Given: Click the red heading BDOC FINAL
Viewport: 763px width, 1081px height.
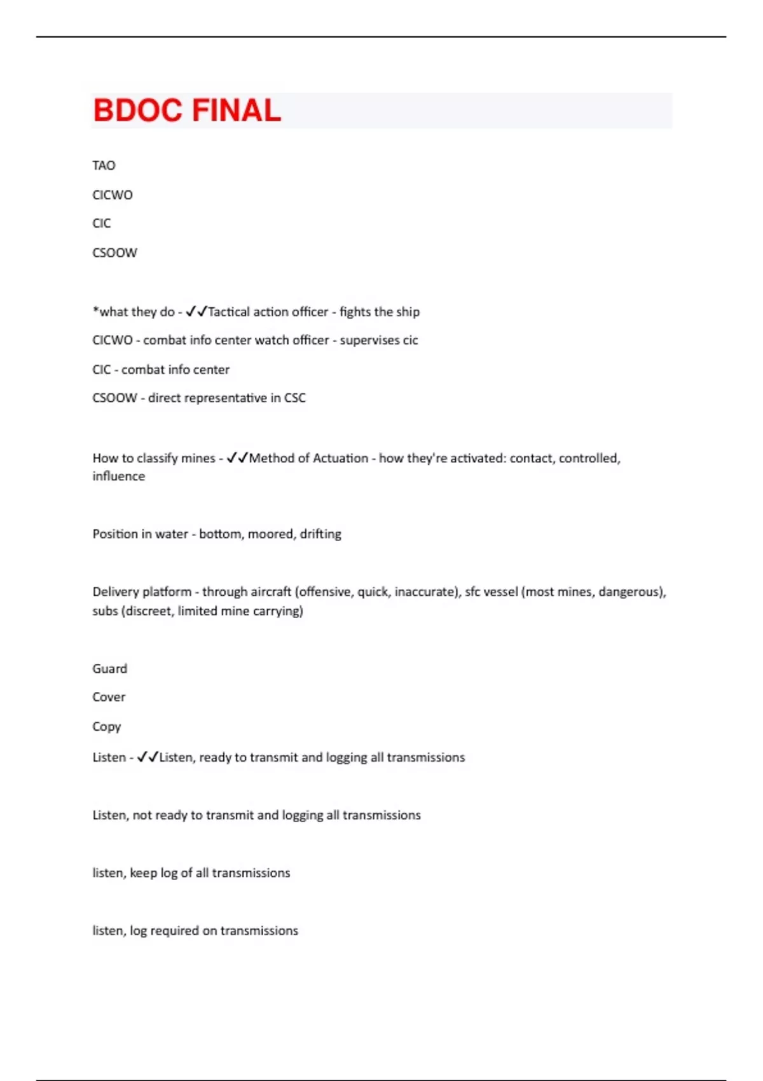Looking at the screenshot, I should coord(186,110).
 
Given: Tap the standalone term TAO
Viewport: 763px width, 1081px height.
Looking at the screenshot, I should coord(104,165).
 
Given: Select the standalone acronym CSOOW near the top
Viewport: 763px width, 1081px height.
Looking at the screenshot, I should coord(114,252).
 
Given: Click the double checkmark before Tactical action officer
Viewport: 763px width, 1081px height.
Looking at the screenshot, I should coord(196,312).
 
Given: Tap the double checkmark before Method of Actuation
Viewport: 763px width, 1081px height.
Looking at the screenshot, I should coord(237,458).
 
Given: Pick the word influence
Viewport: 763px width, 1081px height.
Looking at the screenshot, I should coord(118,476).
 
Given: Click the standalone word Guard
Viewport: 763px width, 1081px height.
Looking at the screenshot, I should coord(109,668).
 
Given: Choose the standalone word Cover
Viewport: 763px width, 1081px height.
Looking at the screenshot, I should coord(109,697).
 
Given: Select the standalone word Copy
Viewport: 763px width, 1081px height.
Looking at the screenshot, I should coord(106,726).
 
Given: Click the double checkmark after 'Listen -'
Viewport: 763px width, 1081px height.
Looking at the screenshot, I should coord(148,757).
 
